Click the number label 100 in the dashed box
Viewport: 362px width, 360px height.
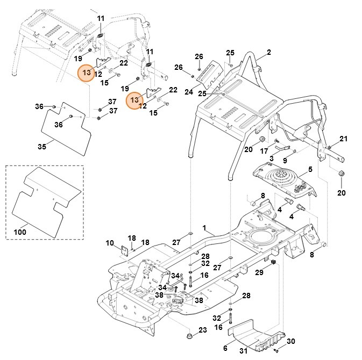coord(20,232)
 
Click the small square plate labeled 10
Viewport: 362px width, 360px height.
coord(123,251)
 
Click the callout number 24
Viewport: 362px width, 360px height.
coord(189,92)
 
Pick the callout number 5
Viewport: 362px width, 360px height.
coord(309,170)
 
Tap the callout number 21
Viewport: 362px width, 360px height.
coord(344,139)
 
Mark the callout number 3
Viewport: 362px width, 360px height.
coord(272,159)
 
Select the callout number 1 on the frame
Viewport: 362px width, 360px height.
coord(204,228)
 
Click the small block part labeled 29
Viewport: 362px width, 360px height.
coord(273,262)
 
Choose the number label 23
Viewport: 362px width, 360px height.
coord(202,329)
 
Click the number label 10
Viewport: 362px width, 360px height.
coord(110,243)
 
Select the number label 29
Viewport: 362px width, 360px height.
coord(259,273)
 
